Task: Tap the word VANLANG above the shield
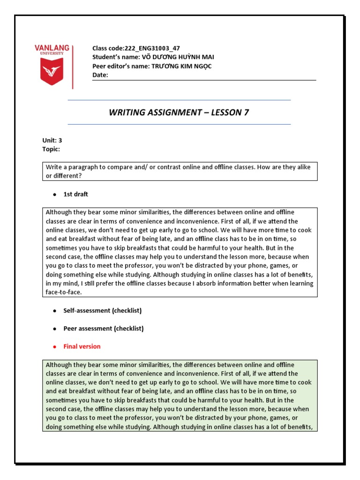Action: point(52,48)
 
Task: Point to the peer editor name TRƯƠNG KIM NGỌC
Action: point(181,66)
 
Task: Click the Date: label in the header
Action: point(100,75)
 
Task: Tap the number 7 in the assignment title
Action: point(246,112)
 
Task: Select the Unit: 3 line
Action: point(52,140)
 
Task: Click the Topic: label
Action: point(51,149)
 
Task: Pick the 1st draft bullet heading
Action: point(75,194)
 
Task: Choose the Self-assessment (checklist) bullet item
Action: point(102,310)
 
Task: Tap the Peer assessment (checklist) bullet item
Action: point(103,329)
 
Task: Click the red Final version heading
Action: point(82,346)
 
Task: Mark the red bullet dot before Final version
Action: point(54,347)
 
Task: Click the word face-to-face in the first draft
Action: point(63,292)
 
